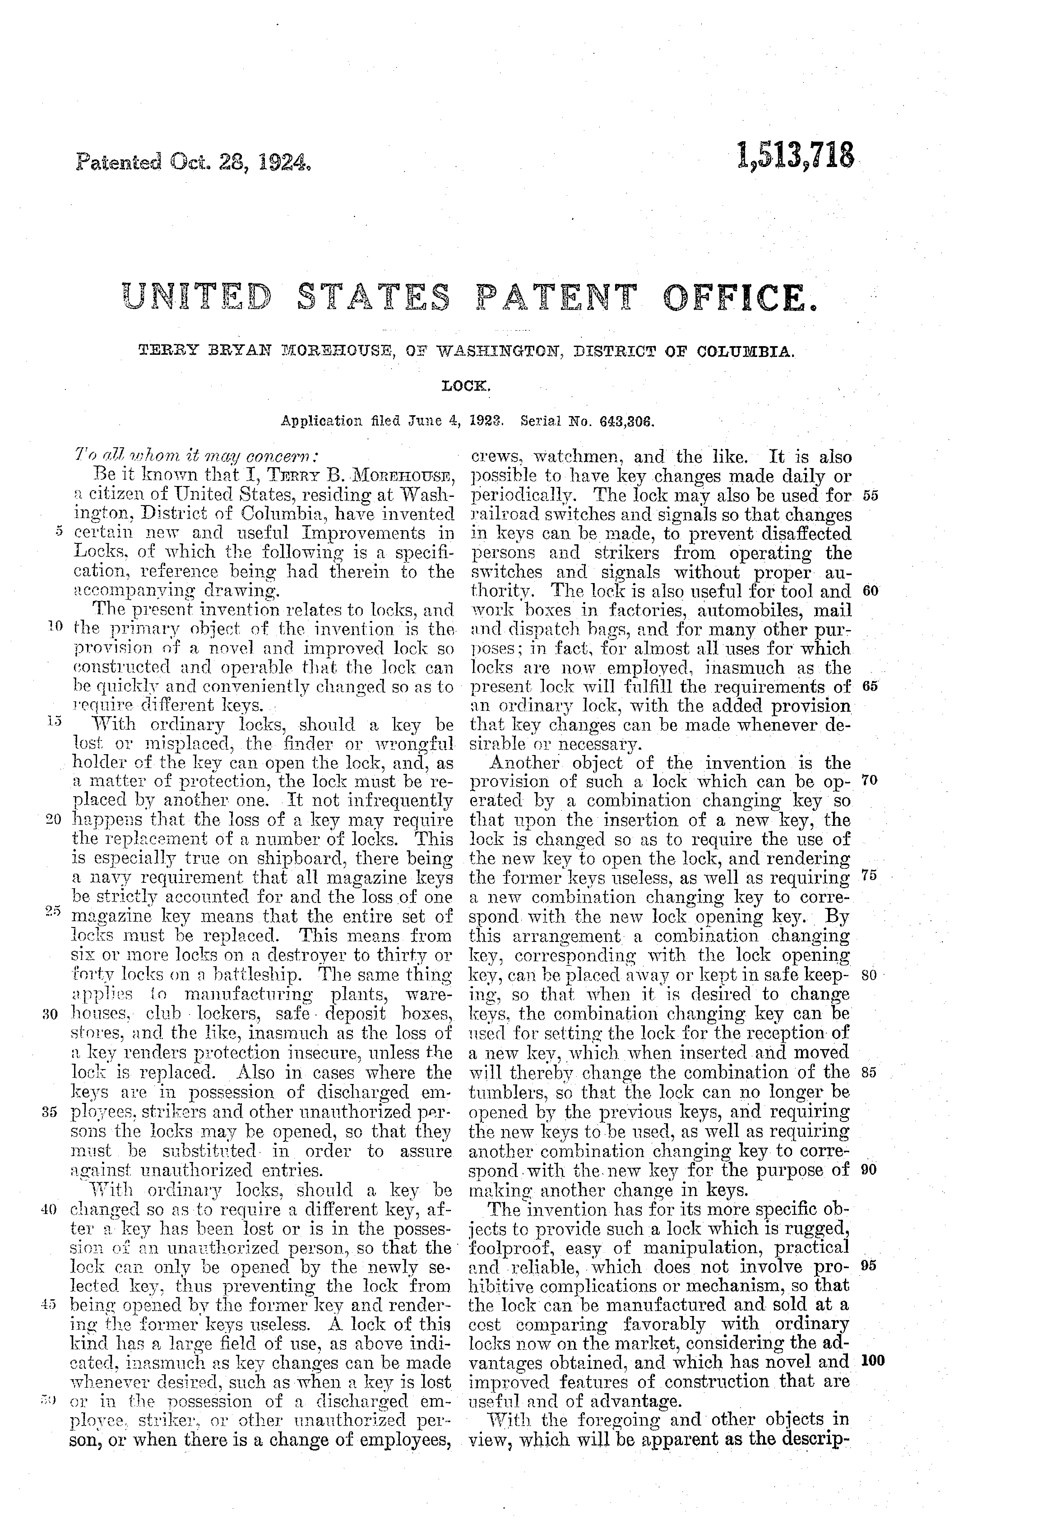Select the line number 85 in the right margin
click(870, 1073)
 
